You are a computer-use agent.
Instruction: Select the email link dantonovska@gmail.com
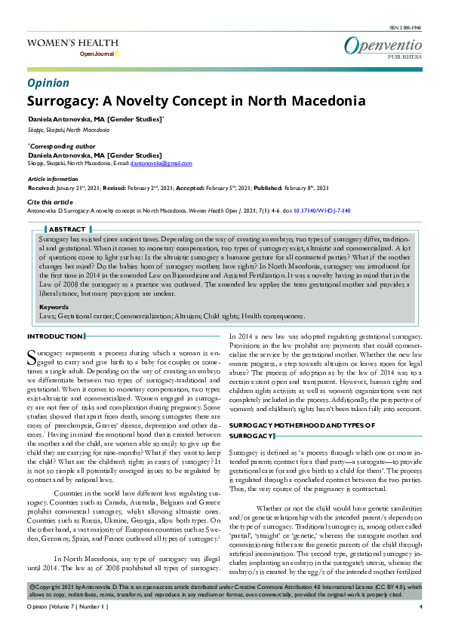pos(161,163)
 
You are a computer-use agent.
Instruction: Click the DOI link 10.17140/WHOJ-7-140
pos(321,212)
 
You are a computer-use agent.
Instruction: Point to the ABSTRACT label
pos(67,229)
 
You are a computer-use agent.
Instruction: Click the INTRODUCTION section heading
pos(55,336)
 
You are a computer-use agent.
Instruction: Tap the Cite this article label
pos(50,203)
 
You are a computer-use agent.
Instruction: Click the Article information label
pos(53,179)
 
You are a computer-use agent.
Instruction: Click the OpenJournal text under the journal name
pos(97,55)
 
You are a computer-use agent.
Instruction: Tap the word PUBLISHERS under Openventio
pos(405,57)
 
